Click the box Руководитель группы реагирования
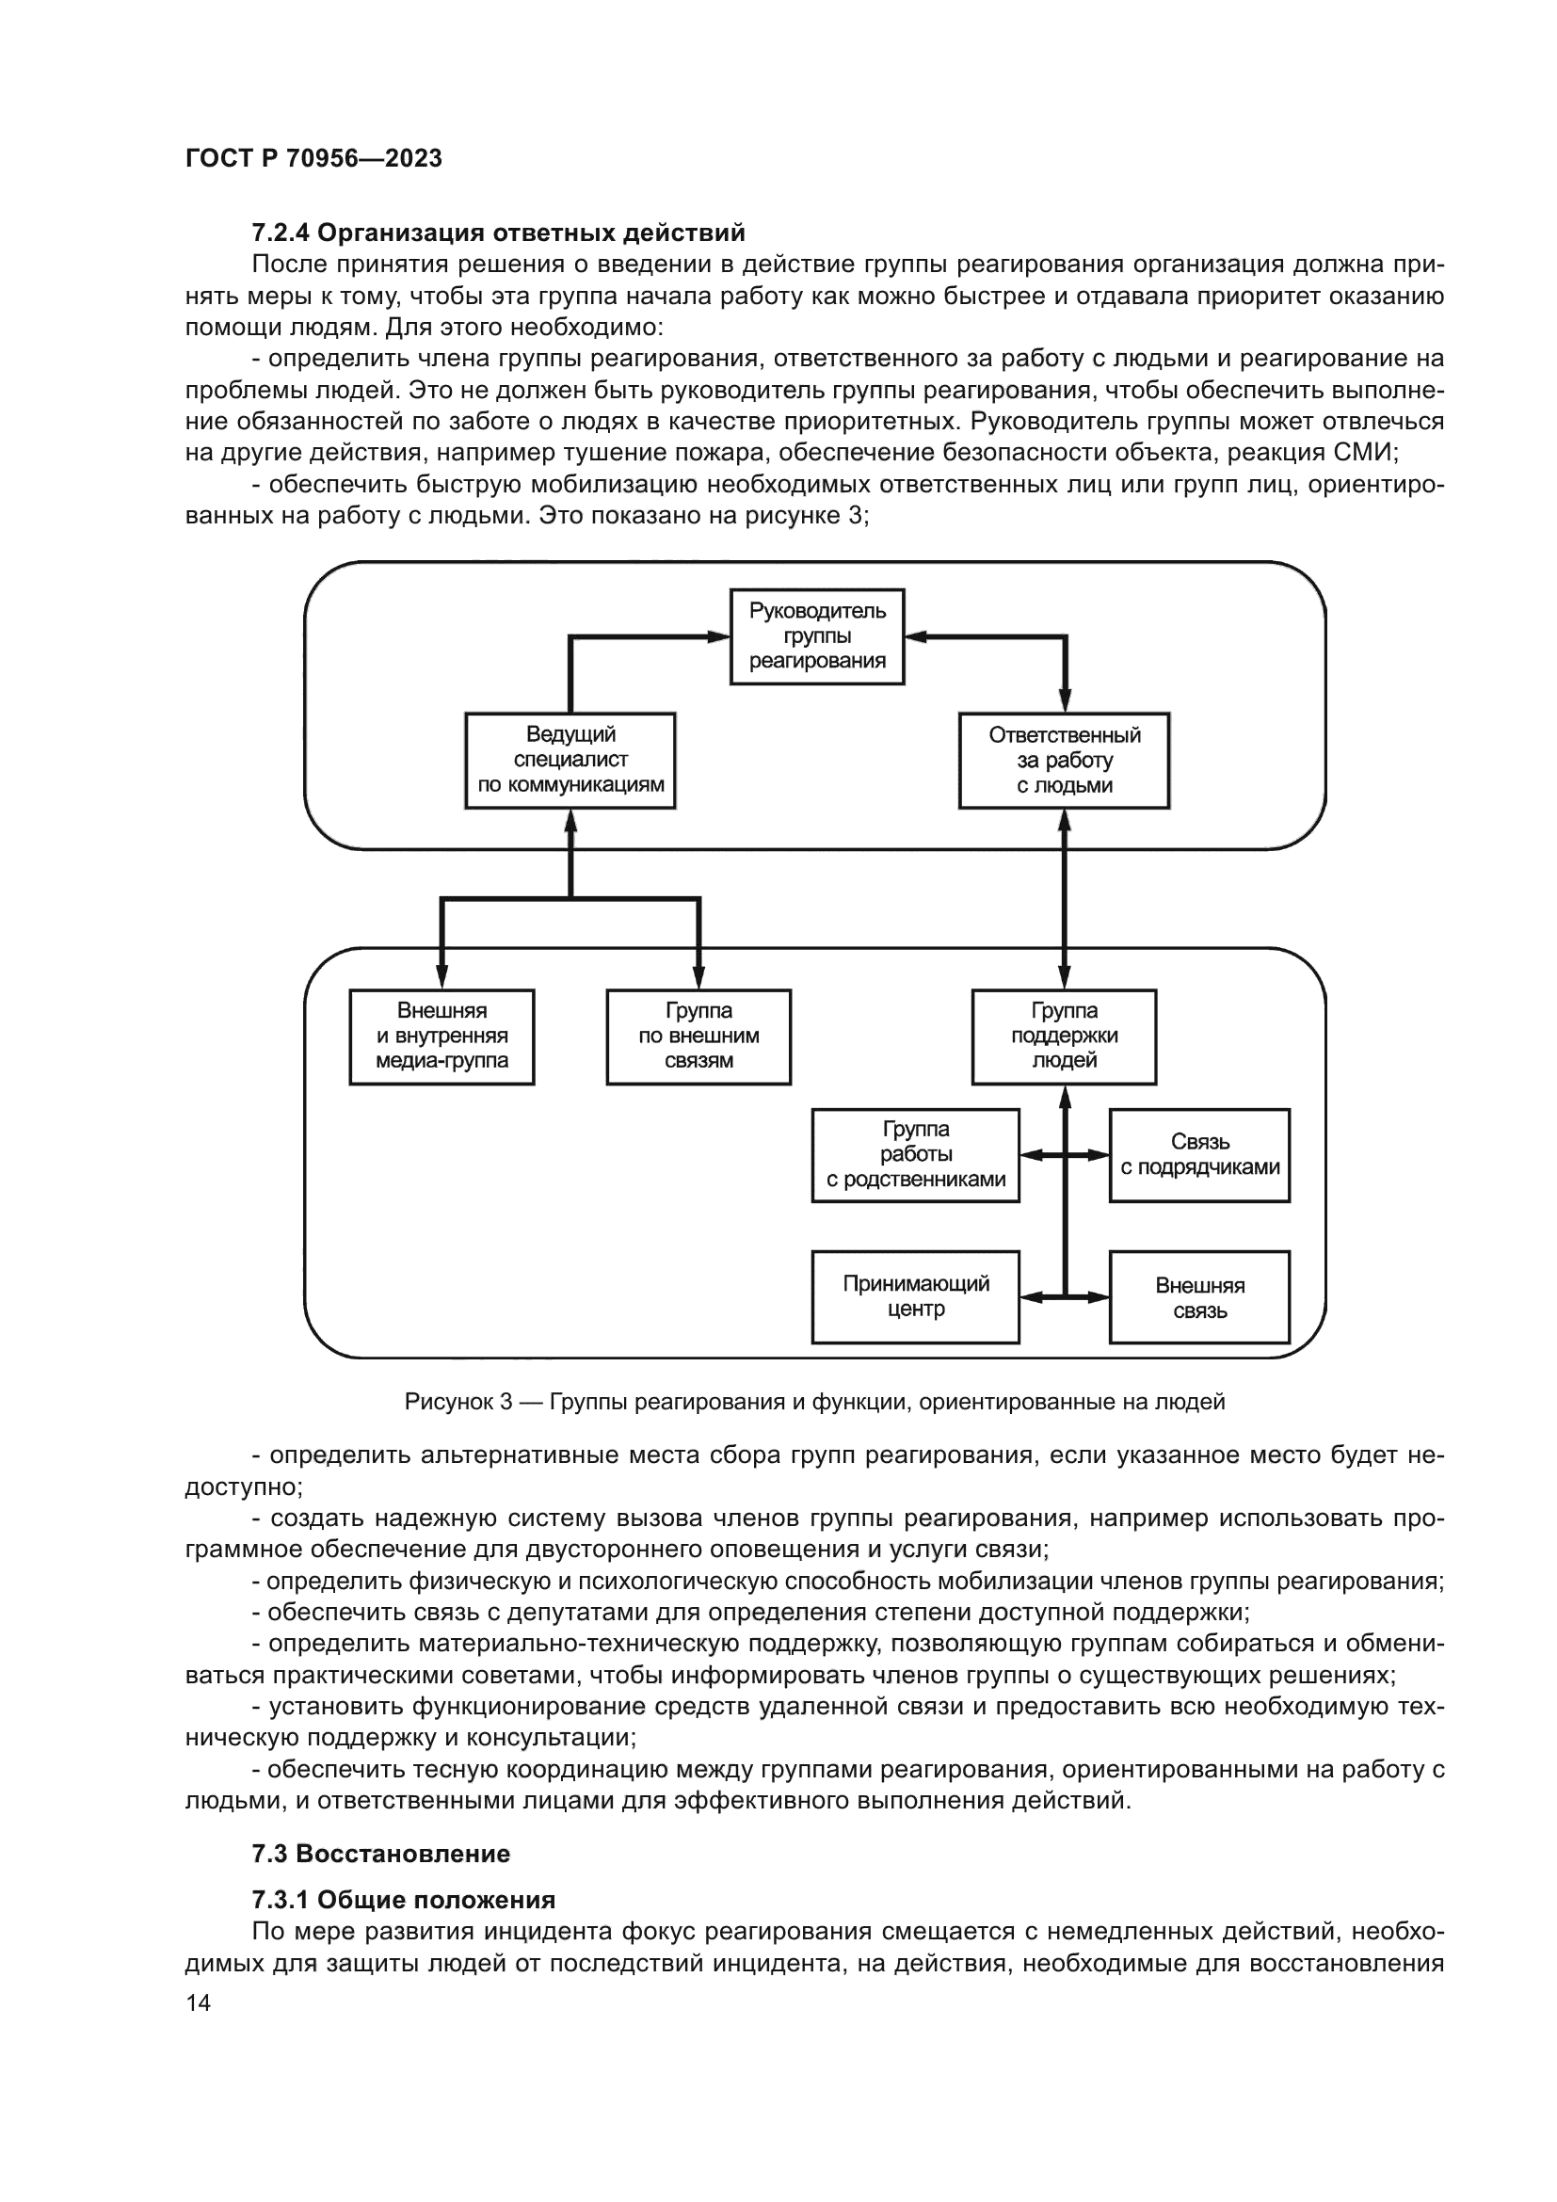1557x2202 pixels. tap(817, 635)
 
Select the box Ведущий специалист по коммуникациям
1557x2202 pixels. tap(570, 761)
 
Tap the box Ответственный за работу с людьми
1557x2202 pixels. tap(1065, 761)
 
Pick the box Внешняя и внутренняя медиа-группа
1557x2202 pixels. tap(442, 1037)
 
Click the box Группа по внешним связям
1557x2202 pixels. tap(698, 1037)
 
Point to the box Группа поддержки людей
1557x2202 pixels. tap(1065, 1037)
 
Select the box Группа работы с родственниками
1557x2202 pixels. tap(916, 1156)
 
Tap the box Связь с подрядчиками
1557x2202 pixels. tap(1199, 1156)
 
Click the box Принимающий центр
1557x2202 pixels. tap(916, 1296)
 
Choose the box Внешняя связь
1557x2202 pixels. tap(1199, 1296)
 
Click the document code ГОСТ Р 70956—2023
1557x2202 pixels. tap(313, 158)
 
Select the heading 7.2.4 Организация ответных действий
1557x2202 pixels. tap(498, 233)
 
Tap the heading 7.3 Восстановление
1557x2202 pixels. tap(380, 1853)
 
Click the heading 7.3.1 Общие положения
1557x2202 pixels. tap(404, 1900)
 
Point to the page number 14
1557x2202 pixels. tap(198, 2002)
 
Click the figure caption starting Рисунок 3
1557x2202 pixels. tap(815, 1402)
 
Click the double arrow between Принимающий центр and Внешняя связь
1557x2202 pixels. tap(1065, 1297)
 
